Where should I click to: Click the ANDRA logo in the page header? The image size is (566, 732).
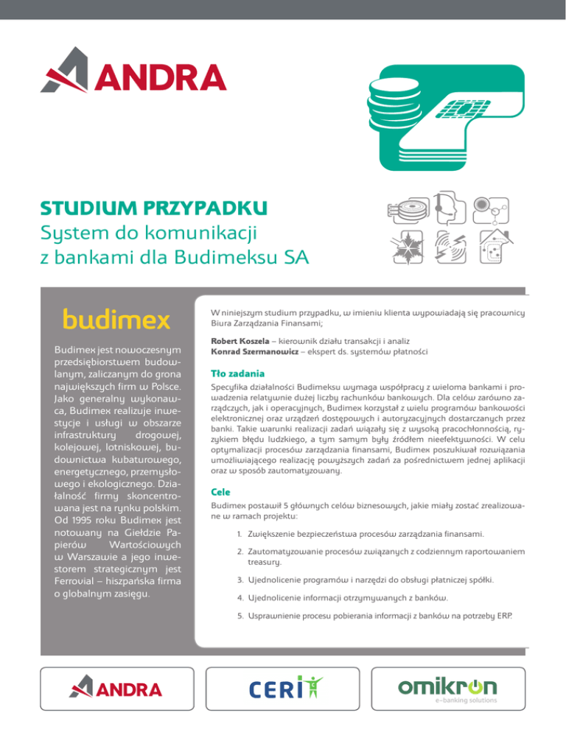tap(133, 76)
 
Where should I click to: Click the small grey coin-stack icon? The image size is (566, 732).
tap(402, 213)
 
